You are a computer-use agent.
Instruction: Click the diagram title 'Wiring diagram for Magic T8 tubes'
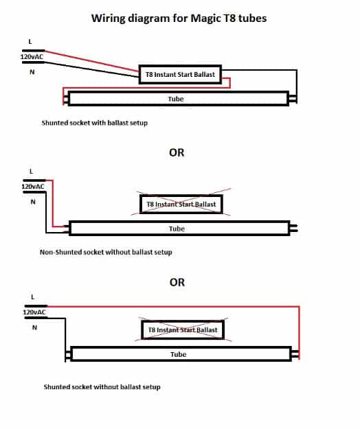179,19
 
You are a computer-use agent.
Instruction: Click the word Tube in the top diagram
176,99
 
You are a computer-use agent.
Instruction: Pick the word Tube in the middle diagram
177,229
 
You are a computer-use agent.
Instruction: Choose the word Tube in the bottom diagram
178,354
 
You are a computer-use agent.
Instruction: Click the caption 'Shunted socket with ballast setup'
94,123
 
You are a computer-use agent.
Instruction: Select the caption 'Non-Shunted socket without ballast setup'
106,252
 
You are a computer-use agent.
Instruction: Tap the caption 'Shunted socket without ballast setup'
102,387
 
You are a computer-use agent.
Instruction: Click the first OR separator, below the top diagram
177,152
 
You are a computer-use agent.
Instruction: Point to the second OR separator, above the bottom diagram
177,282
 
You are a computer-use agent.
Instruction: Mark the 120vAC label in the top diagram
32,57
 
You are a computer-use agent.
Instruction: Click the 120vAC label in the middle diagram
33,187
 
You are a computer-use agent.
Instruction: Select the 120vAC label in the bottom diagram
34,312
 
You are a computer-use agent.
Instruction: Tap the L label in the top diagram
30,42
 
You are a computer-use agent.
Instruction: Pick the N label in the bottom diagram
34,327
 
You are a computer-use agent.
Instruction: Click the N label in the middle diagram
33,202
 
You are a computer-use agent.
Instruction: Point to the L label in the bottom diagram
33,297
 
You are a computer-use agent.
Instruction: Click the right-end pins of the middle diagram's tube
294,228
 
